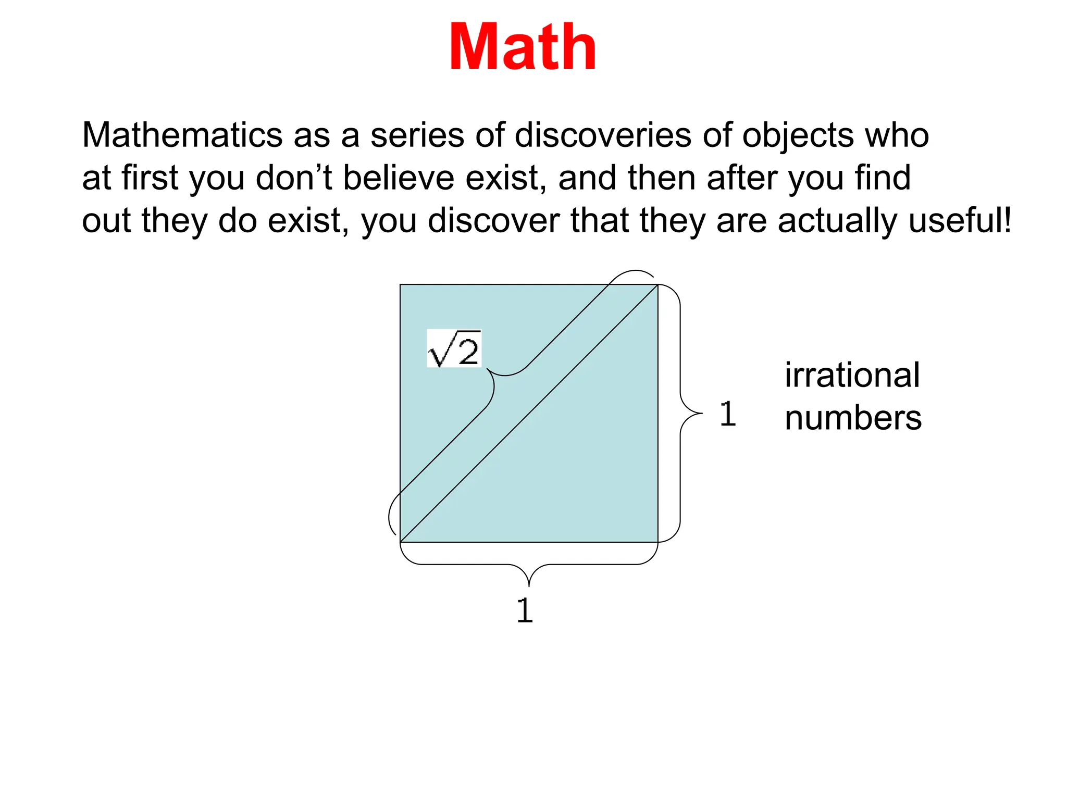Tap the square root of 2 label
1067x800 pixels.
pos(454,348)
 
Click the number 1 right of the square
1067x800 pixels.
pos(728,414)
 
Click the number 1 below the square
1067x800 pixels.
pos(525,610)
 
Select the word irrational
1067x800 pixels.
pos(852,375)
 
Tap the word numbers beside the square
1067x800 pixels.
pos(853,418)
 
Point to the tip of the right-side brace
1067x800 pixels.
pos(701,414)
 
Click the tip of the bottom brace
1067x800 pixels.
pos(529,585)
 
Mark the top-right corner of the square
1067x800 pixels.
pos(658,284)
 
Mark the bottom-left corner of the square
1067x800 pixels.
pos(400,542)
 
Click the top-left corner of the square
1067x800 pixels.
pos(400,284)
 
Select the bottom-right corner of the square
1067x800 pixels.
pos(658,542)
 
